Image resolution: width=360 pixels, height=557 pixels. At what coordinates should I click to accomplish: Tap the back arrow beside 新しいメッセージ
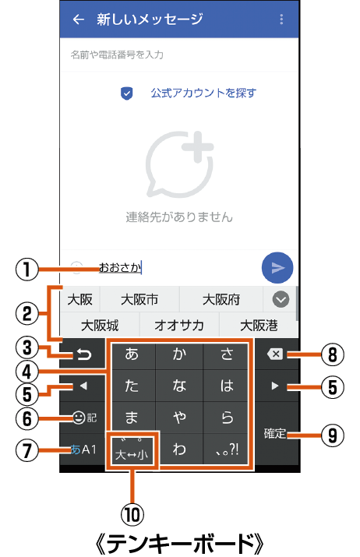pyautogui.click(x=78, y=19)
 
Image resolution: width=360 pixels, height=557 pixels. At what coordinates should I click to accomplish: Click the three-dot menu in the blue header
pyautogui.click(x=281, y=19)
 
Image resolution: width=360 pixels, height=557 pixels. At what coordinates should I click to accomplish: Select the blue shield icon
pyautogui.click(x=126, y=93)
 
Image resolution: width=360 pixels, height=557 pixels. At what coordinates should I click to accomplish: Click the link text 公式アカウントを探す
pyautogui.click(x=203, y=93)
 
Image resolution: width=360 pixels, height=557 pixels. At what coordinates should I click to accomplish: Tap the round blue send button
pyautogui.click(x=277, y=267)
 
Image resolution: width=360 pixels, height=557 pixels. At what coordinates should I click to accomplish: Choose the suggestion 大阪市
pyautogui.click(x=139, y=299)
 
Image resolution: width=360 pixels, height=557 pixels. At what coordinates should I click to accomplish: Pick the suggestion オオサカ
pyautogui.click(x=179, y=325)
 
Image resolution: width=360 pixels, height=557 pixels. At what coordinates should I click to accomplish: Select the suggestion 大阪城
pyautogui.click(x=100, y=325)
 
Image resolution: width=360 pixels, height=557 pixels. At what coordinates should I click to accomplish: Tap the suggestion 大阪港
pyautogui.click(x=259, y=325)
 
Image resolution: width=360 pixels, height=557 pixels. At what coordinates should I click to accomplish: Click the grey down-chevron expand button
pyautogui.click(x=281, y=299)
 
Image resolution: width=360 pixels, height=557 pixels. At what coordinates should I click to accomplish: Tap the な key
pyautogui.click(x=179, y=386)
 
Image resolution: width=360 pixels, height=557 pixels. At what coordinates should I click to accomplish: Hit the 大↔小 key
pyautogui.click(x=132, y=449)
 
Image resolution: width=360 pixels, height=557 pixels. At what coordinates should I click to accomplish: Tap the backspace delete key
pyautogui.click(x=275, y=354)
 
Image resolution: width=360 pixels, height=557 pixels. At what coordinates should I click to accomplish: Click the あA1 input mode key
pyautogui.click(x=83, y=449)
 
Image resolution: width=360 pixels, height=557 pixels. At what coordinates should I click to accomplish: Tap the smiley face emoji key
pyautogui.click(x=79, y=418)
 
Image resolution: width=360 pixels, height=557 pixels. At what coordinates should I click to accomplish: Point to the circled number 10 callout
pyautogui.click(x=132, y=514)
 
